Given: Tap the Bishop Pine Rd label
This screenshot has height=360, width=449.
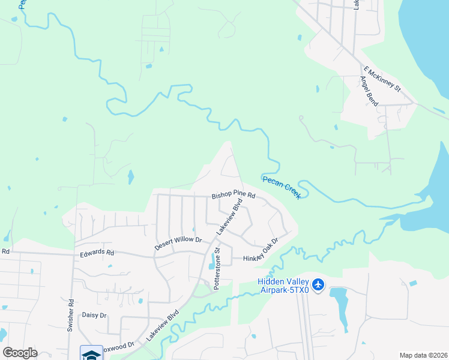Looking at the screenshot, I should (x=234, y=196).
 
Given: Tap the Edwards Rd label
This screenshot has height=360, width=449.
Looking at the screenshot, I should (x=97, y=253).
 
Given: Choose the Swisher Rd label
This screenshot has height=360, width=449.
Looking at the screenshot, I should (x=71, y=311).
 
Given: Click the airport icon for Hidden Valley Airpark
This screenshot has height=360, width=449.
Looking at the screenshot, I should (x=318, y=284).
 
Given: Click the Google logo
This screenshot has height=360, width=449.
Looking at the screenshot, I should (x=20, y=353).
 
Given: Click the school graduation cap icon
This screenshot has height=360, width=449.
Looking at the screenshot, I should (x=91, y=354).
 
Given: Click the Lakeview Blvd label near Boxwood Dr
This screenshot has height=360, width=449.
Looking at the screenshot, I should (x=163, y=326).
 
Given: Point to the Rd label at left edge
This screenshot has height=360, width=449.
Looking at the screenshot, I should (x=6, y=251).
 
